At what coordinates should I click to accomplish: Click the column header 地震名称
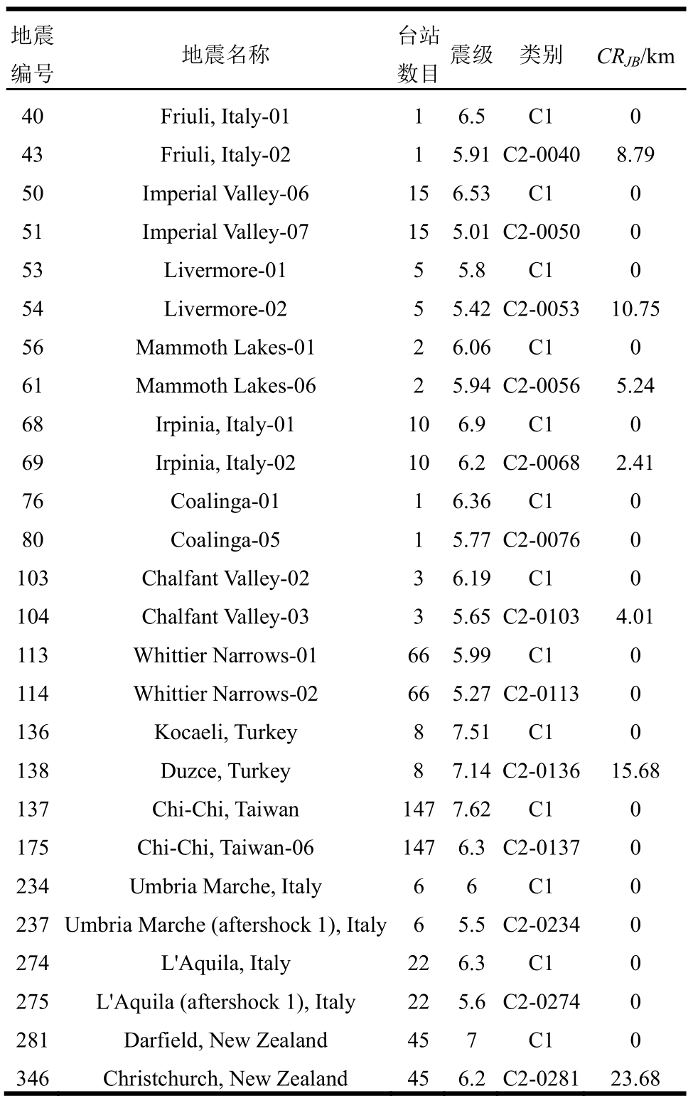click(x=225, y=55)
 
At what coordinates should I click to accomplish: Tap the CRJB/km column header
click(x=635, y=56)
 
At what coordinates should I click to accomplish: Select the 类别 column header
click(x=541, y=55)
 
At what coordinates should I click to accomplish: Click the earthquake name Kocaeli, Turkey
click(x=225, y=733)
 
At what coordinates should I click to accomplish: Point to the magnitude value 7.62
click(x=471, y=809)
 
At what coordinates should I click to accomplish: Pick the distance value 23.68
click(x=635, y=1079)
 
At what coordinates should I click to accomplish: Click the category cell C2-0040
click(x=541, y=155)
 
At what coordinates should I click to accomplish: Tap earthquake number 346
click(x=33, y=1079)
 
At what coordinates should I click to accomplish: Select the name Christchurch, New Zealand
click(x=225, y=1079)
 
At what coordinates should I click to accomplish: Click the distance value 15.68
click(x=635, y=771)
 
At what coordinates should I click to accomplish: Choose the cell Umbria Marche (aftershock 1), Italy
click(x=225, y=925)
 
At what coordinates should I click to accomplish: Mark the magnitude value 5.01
click(x=471, y=232)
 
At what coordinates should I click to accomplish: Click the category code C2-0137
click(x=541, y=848)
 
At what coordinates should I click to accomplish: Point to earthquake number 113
click(x=33, y=655)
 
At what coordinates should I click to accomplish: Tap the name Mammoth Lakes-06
click(x=225, y=386)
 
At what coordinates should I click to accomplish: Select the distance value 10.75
click(x=635, y=309)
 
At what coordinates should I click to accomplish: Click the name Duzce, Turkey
click(x=225, y=771)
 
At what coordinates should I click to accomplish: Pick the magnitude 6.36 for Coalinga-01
click(x=471, y=502)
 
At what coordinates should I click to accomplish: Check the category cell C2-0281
click(x=541, y=1079)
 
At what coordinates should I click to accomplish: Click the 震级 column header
click(x=471, y=55)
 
